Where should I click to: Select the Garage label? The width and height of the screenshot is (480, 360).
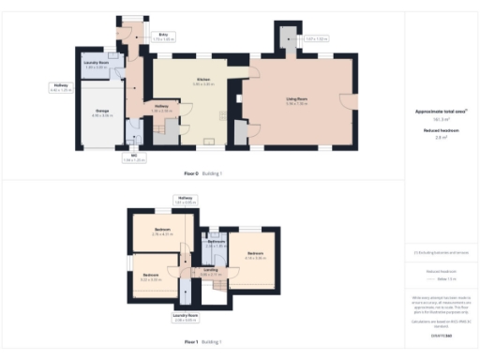[102, 113]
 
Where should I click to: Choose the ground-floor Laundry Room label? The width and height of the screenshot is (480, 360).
[96, 65]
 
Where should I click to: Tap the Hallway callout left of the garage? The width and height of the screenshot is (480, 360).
[60, 88]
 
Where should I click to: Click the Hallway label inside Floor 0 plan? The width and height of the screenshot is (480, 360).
[161, 108]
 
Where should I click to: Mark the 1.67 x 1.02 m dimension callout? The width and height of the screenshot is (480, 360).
[316, 39]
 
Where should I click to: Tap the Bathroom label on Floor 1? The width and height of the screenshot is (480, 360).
[217, 243]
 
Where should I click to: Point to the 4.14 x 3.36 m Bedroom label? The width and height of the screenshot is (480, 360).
[256, 254]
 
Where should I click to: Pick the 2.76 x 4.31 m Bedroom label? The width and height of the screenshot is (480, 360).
[163, 232]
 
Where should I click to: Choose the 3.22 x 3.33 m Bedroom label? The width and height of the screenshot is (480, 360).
[150, 277]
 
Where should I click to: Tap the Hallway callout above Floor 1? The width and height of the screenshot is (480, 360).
[185, 199]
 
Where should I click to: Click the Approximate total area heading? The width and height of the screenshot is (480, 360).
[442, 112]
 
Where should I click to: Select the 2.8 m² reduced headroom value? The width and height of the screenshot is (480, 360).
[441, 137]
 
